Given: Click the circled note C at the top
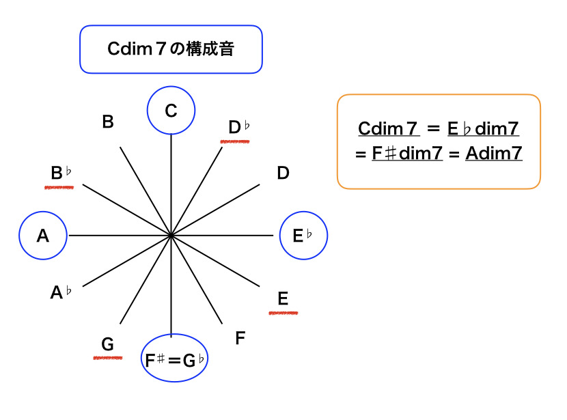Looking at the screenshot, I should click(171, 110).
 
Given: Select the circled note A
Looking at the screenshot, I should click(43, 236).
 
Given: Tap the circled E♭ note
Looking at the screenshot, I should click(303, 236).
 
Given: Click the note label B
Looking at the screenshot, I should click(108, 122).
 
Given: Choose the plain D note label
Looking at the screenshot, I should click(283, 173).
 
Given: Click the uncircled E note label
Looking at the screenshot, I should click(283, 298).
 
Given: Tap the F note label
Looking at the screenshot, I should click(240, 338).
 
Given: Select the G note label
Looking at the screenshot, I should click(107, 344).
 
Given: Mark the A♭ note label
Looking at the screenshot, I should click(61, 293).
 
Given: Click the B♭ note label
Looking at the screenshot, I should click(61, 173).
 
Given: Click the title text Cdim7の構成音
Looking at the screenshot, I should click(171, 49).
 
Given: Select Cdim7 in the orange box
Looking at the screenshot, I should click(389, 129).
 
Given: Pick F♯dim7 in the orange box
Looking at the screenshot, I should click(407, 153).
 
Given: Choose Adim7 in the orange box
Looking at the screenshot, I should click(494, 153).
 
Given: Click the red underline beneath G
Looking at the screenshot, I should click(107, 357).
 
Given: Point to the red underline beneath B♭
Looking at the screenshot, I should click(59, 187).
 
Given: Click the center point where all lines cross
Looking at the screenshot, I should click(171, 236).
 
